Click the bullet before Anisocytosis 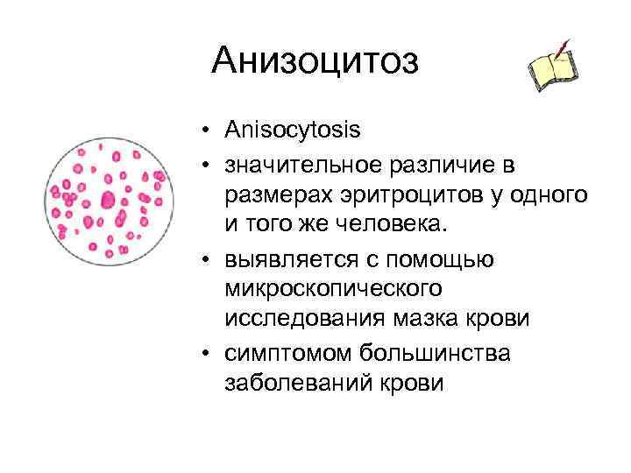[x=202, y=131]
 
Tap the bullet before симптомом [x=202, y=351]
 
